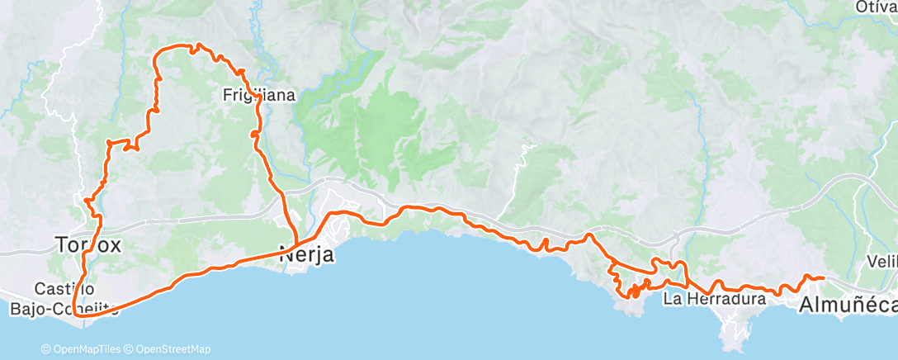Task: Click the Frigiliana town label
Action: (x=258, y=96)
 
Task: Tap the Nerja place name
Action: (x=307, y=255)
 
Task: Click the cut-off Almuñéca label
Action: (x=848, y=306)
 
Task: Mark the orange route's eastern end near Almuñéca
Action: (x=823, y=277)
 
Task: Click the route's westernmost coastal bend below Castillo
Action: (x=75, y=313)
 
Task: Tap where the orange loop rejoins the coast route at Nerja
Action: (x=295, y=247)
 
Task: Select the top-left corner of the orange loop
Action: (x=158, y=55)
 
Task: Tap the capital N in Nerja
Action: (x=286, y=255)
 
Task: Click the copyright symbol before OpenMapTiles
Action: (x=46, y=349)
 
